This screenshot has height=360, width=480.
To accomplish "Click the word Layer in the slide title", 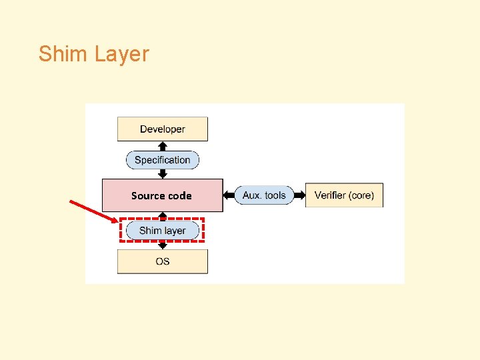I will click(122, 55).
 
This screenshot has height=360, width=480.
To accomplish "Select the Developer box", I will click(162, 129).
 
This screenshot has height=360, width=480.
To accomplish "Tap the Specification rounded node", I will click(162, 160).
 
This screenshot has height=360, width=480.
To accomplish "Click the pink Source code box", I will click(162, 195).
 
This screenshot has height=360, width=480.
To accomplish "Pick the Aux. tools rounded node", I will click(265, 195).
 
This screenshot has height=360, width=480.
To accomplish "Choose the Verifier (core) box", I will click(344, 195).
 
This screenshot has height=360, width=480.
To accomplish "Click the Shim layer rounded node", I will click(162, 231).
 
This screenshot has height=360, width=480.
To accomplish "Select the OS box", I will click(162, 261).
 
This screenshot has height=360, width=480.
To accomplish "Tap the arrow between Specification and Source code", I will click(162, 173).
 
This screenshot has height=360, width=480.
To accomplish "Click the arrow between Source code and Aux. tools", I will click(229, 195).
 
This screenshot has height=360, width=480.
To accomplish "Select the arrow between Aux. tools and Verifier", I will click(300, 195).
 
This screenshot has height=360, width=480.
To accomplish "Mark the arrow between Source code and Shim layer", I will click(162, 216).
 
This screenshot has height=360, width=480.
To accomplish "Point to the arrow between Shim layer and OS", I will click(162, 245).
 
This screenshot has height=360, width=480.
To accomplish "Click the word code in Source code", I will click(179, 195).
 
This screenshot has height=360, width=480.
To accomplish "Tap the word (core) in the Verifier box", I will click(361, 195).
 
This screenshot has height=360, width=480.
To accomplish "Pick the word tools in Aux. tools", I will click(275, 195).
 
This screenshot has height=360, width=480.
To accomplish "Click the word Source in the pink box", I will click(147, 195).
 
